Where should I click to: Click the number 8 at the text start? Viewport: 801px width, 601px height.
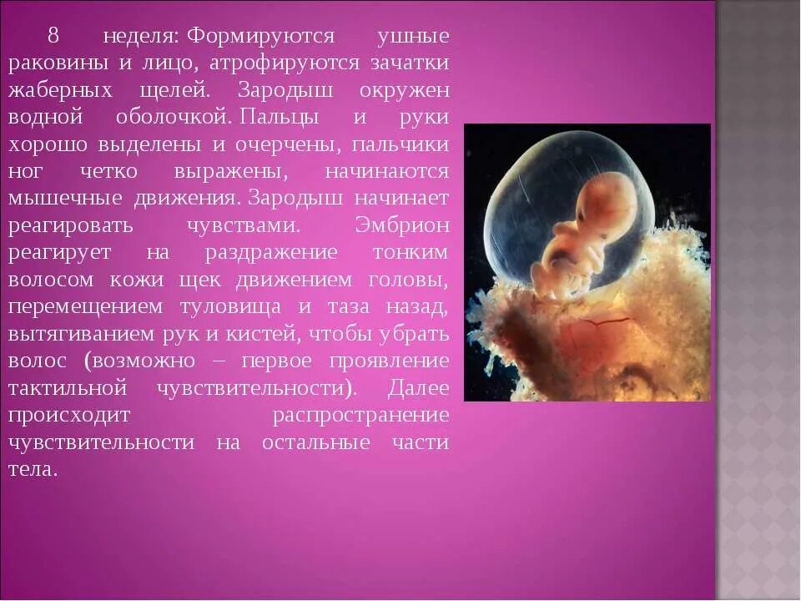coord(53,36)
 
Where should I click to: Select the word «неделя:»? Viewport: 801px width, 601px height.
coord(141,36)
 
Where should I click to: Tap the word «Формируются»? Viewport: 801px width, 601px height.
coord(259,36)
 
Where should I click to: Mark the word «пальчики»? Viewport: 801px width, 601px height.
coord(400,144)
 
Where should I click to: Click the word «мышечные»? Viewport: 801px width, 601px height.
coord(65,198)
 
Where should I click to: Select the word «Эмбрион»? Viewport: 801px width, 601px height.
coord(402,225)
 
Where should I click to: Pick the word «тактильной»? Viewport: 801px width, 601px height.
coord(68,388)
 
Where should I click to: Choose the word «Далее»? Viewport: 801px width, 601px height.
coord(418,388)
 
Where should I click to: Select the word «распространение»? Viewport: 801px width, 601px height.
coord(360,415)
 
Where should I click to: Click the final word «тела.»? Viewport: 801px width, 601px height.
coord(33,469)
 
